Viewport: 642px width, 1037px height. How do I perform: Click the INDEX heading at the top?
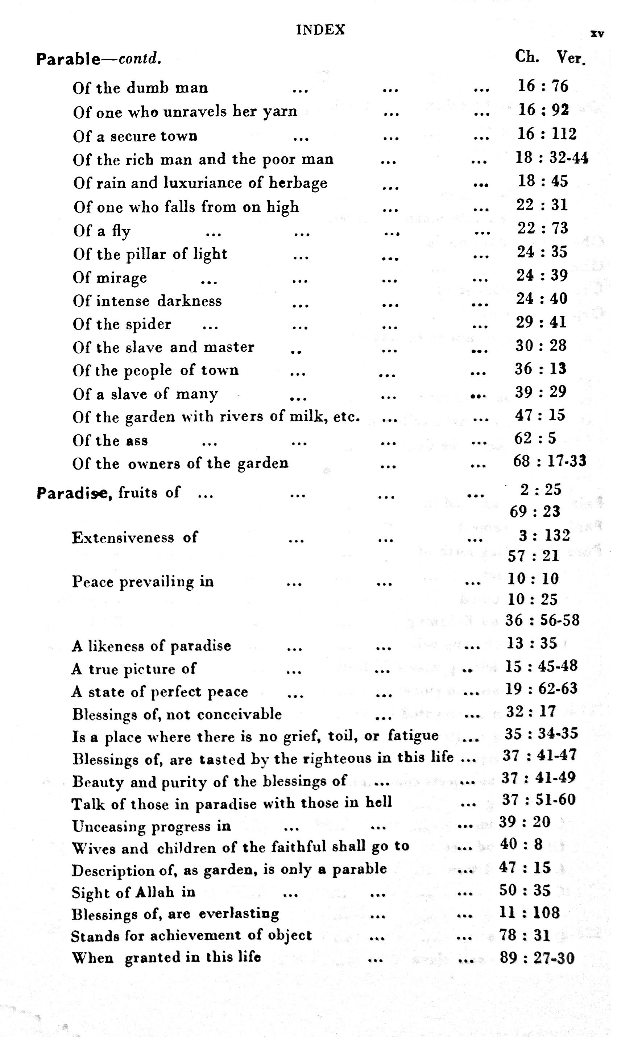click(x=320, y=30)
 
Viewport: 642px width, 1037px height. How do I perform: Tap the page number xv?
click(x=597, y=34)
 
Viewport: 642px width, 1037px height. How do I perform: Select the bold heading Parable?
click(x=68, y=59)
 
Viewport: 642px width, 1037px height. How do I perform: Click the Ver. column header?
click(x=571, y=57)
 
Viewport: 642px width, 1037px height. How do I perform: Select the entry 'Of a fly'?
click(x=102, y=231)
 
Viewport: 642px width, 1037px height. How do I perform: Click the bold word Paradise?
click(x=74, y=493)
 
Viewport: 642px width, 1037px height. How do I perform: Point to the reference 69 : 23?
click(x=535, y=512)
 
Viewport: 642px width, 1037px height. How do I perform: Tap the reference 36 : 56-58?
click(x=542, y=620)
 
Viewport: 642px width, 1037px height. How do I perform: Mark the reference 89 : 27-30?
click(x=537, y=958)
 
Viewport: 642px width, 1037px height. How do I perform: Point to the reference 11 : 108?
click(x=530, y=913)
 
